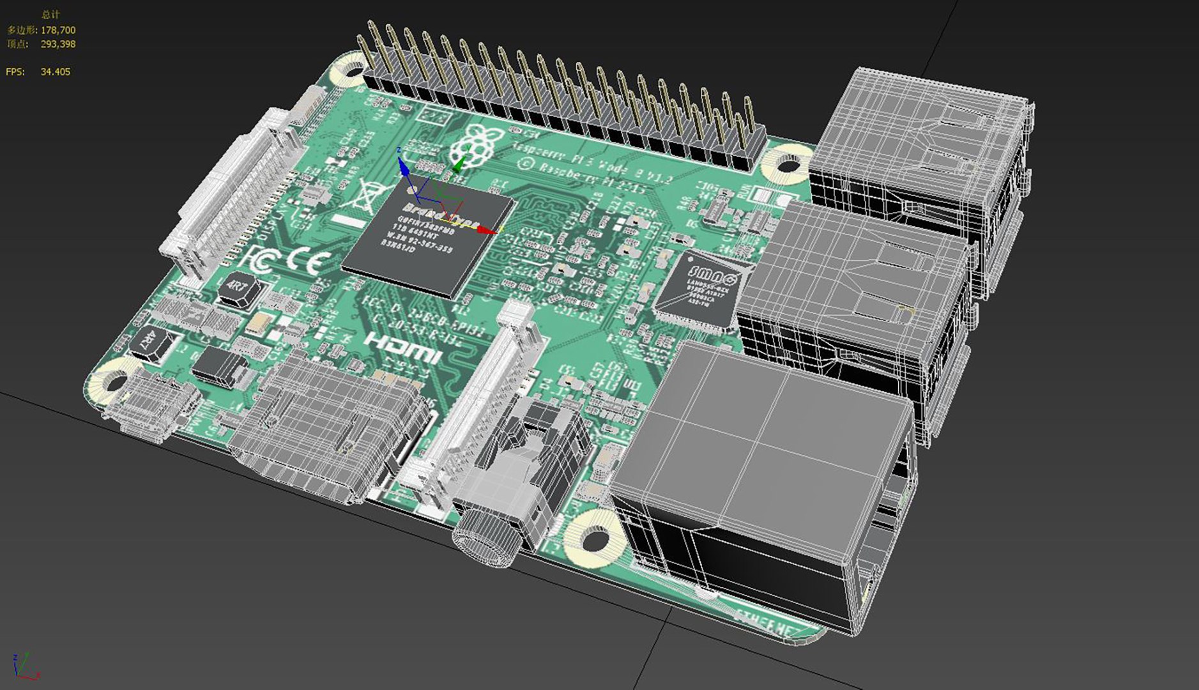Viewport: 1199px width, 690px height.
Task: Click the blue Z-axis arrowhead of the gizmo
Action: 403,166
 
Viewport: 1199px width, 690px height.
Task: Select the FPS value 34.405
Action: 56,72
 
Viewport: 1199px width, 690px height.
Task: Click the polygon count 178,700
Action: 58,30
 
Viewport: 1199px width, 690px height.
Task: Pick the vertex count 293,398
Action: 58,44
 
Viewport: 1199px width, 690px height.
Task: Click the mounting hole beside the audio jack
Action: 595,538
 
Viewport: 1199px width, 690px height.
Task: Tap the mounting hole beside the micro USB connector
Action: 114,382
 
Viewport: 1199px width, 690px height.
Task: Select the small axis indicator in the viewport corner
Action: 24,666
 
